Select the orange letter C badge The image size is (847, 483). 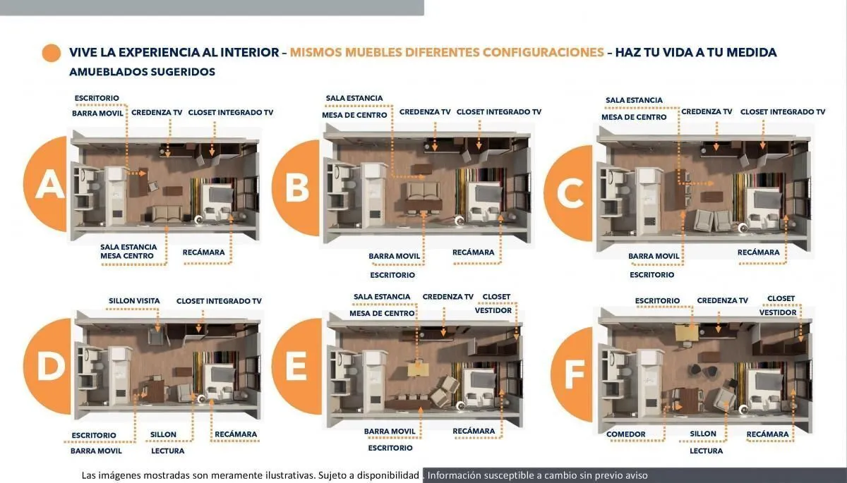click(570, 193)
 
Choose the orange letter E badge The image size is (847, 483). click(298, 366)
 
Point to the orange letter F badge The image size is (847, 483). click(572, 374)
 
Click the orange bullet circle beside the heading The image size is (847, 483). click(52, 53)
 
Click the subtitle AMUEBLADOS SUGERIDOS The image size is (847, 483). click(142, 72)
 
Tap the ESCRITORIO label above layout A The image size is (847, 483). click(97, 98)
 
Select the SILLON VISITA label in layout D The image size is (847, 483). click(134, 301)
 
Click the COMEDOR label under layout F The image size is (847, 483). click(626, 434)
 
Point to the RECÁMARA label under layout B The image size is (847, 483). click(474, 252)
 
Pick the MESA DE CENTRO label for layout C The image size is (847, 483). click(634, 117)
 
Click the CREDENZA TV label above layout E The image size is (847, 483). click(448, 297)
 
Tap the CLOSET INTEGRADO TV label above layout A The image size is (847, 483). click(231, 113)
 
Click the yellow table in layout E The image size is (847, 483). click(418, 369)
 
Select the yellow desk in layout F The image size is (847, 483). click(686, 333)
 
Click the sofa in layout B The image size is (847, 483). click(423, 190)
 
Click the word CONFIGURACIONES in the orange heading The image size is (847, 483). click(543, 52)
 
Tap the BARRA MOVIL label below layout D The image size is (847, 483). click(96, 451)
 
